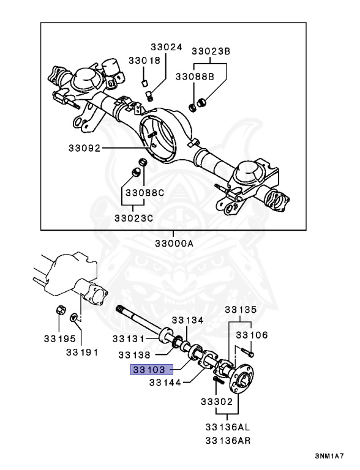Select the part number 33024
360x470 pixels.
(167, 47)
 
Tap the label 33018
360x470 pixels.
(144, 61)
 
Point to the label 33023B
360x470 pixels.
(211, 51)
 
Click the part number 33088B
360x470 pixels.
(195, 76)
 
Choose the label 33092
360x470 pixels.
(84, 148)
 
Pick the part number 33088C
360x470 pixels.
(145, 193)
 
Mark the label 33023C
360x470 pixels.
(133, 217)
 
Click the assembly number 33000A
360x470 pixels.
(173, 243)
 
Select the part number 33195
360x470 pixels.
(59, 338)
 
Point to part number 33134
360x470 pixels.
(187, 320)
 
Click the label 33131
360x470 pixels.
(128, 339)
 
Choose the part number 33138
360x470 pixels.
(135, 354)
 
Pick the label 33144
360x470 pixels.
(165, 383)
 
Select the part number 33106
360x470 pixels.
(252, 335)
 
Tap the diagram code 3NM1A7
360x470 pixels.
(330, 457)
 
